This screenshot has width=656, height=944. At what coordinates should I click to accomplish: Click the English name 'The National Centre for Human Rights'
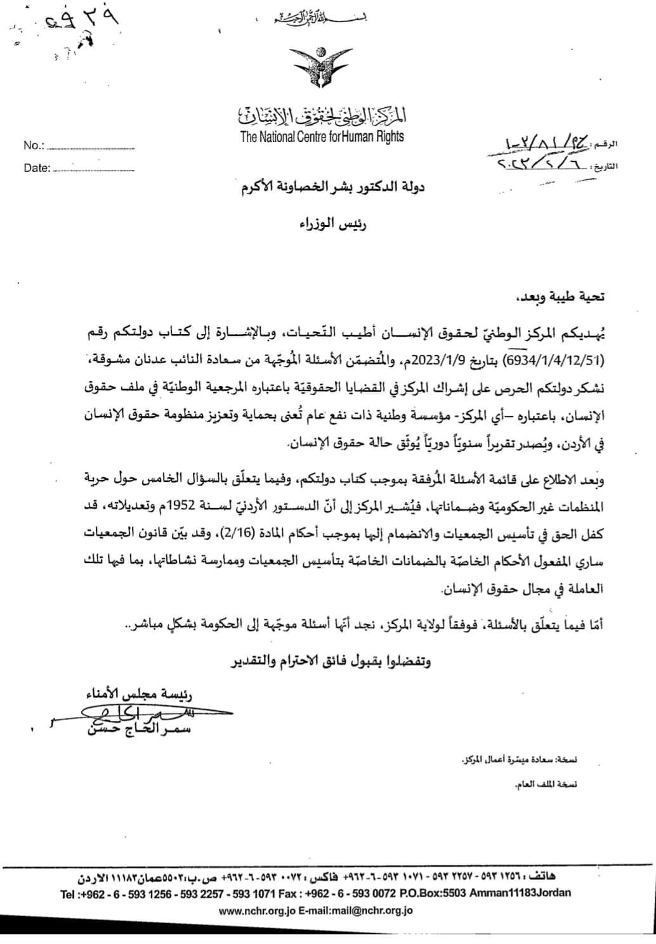pyautogui.click(x=322, y=136)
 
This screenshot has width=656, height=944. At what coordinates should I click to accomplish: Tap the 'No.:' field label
pyautogui.click(x=34, y=146)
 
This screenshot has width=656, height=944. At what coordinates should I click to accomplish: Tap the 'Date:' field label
pyautogui.click(x=36, y=169)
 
